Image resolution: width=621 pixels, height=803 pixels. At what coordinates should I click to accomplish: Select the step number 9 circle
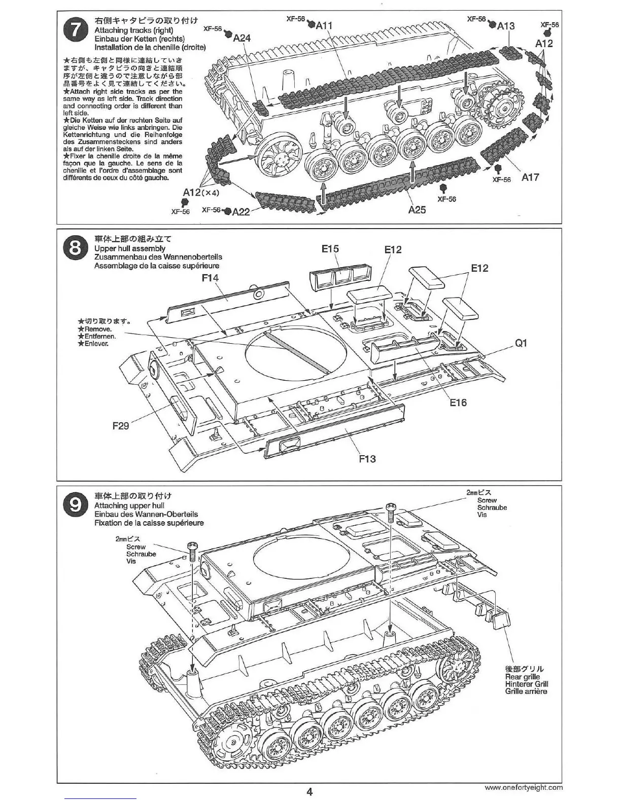coord(75,505)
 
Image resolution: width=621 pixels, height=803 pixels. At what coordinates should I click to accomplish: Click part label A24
coord(242,38)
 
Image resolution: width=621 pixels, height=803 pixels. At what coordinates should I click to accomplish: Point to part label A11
coord(324,25)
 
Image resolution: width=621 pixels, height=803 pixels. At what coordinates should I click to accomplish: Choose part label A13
coord(506,26)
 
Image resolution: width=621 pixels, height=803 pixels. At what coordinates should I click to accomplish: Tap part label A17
coord(530,177)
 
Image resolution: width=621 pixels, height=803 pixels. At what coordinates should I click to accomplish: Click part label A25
coord(417,209)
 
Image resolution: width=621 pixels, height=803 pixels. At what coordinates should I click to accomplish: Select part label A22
coord(241,211)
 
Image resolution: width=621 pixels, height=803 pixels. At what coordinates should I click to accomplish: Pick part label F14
coord(210,277)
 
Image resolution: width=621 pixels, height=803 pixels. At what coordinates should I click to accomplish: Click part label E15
coord(330,249)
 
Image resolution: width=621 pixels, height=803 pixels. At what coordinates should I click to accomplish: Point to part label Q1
coord(521,343)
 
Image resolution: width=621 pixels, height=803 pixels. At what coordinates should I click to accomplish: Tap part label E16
coord(458,403)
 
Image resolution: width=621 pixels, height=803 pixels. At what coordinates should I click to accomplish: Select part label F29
coord(120,426)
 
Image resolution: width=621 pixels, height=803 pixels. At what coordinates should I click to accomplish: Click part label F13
coord(367,459)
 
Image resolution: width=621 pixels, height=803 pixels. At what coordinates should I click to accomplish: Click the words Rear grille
coord(523,677)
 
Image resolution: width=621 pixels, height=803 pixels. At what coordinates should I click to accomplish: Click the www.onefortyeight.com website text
coord(524,787)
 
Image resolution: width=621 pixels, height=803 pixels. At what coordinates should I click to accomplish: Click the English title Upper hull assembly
coord(129,248)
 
